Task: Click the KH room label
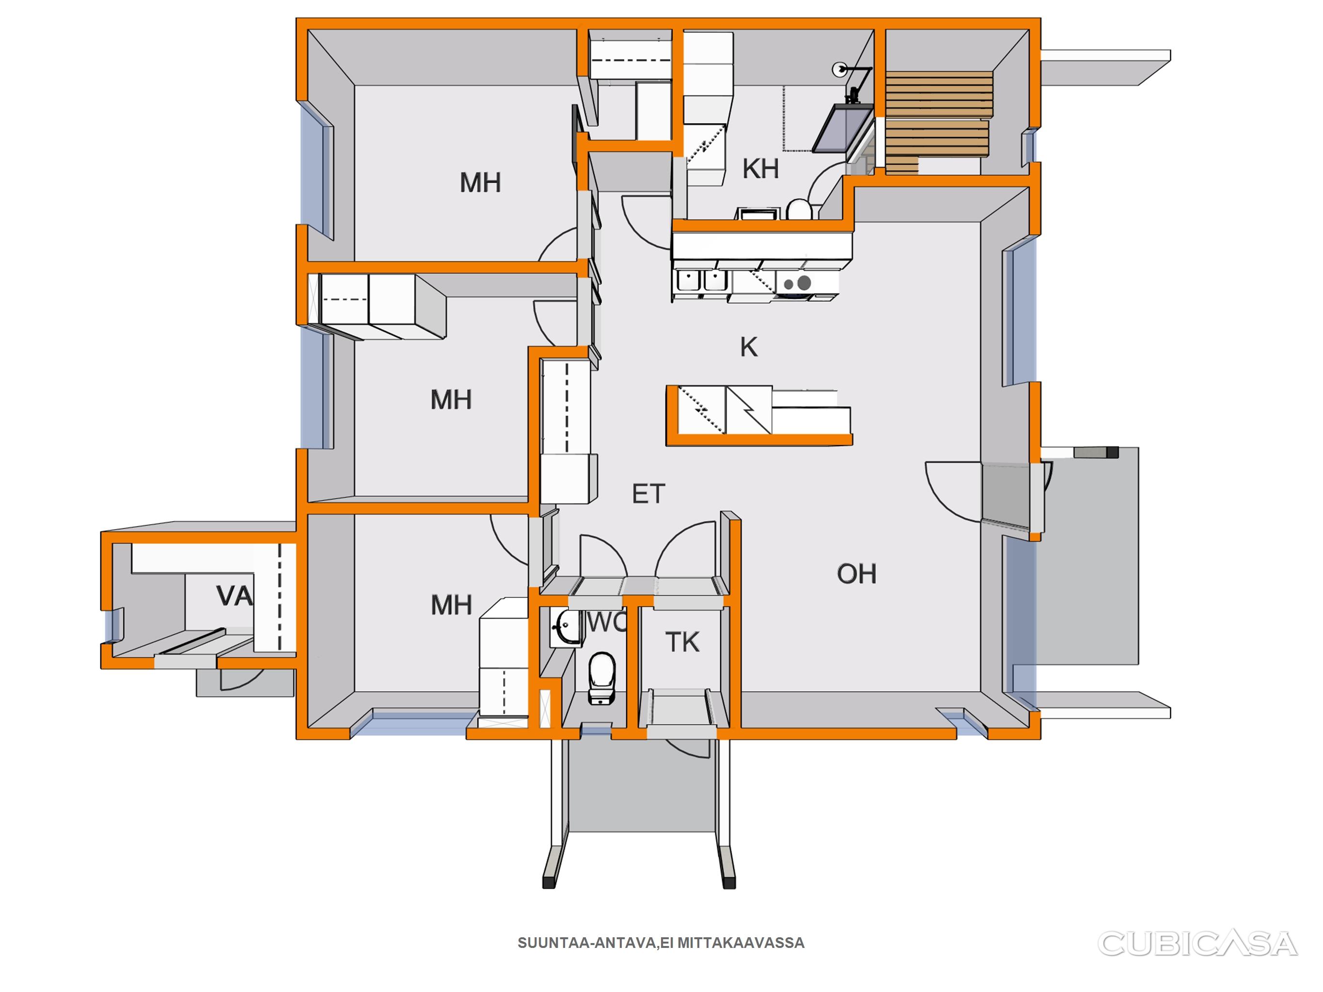(x=760, y=169)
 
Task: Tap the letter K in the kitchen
(x=749, y=347)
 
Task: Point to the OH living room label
(x=856, y=574)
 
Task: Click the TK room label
(x=682, y=642)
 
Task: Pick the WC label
(x=606, y=622)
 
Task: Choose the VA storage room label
(x=234, y=596)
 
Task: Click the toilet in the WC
(x=602, y=678)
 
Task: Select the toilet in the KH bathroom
(x=799, y=210)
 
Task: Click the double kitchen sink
(x=699, y=280)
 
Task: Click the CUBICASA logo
(x=1197, y=944)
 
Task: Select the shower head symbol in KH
(x=839, y=69)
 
